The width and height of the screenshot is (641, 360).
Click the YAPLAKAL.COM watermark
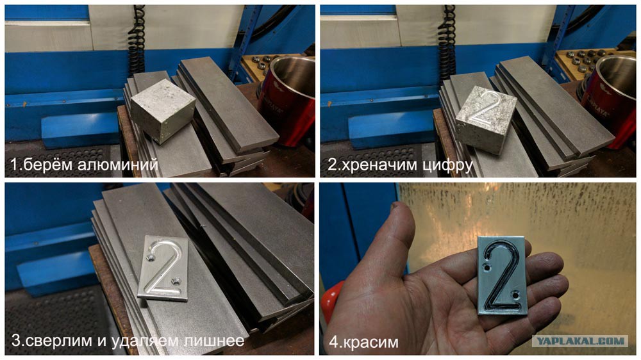pyautogui.click(x=579, y=341)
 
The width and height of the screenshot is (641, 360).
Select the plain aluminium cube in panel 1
pyautogui.click(x=163, y=111)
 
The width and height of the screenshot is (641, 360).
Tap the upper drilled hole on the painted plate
pyautogui.click(x=487, y=269)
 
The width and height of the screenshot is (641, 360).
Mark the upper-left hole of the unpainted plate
pyautogui.click(x=151, y=258)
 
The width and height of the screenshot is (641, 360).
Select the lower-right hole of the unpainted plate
pyautogui.click(x=176, y=281)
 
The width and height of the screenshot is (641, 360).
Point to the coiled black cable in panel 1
pyautogui.click(x=137, y=40)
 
